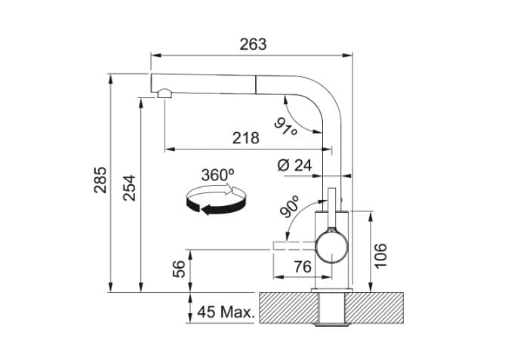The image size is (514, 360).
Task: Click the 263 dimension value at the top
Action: [253, 44]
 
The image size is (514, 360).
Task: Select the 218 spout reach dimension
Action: [245, 138]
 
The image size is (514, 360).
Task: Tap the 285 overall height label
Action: [100, 180]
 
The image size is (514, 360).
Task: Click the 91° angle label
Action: [286, 127]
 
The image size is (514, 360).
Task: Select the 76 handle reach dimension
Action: [302, 266]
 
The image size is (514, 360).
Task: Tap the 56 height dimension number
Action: [179, 269]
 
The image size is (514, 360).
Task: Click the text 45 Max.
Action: [226, 311]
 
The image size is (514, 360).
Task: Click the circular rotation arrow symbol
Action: [217, 202]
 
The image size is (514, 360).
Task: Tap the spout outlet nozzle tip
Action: [164, 94]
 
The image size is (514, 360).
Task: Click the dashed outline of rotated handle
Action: [291, 245]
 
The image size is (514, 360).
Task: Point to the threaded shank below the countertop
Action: [331, 311]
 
